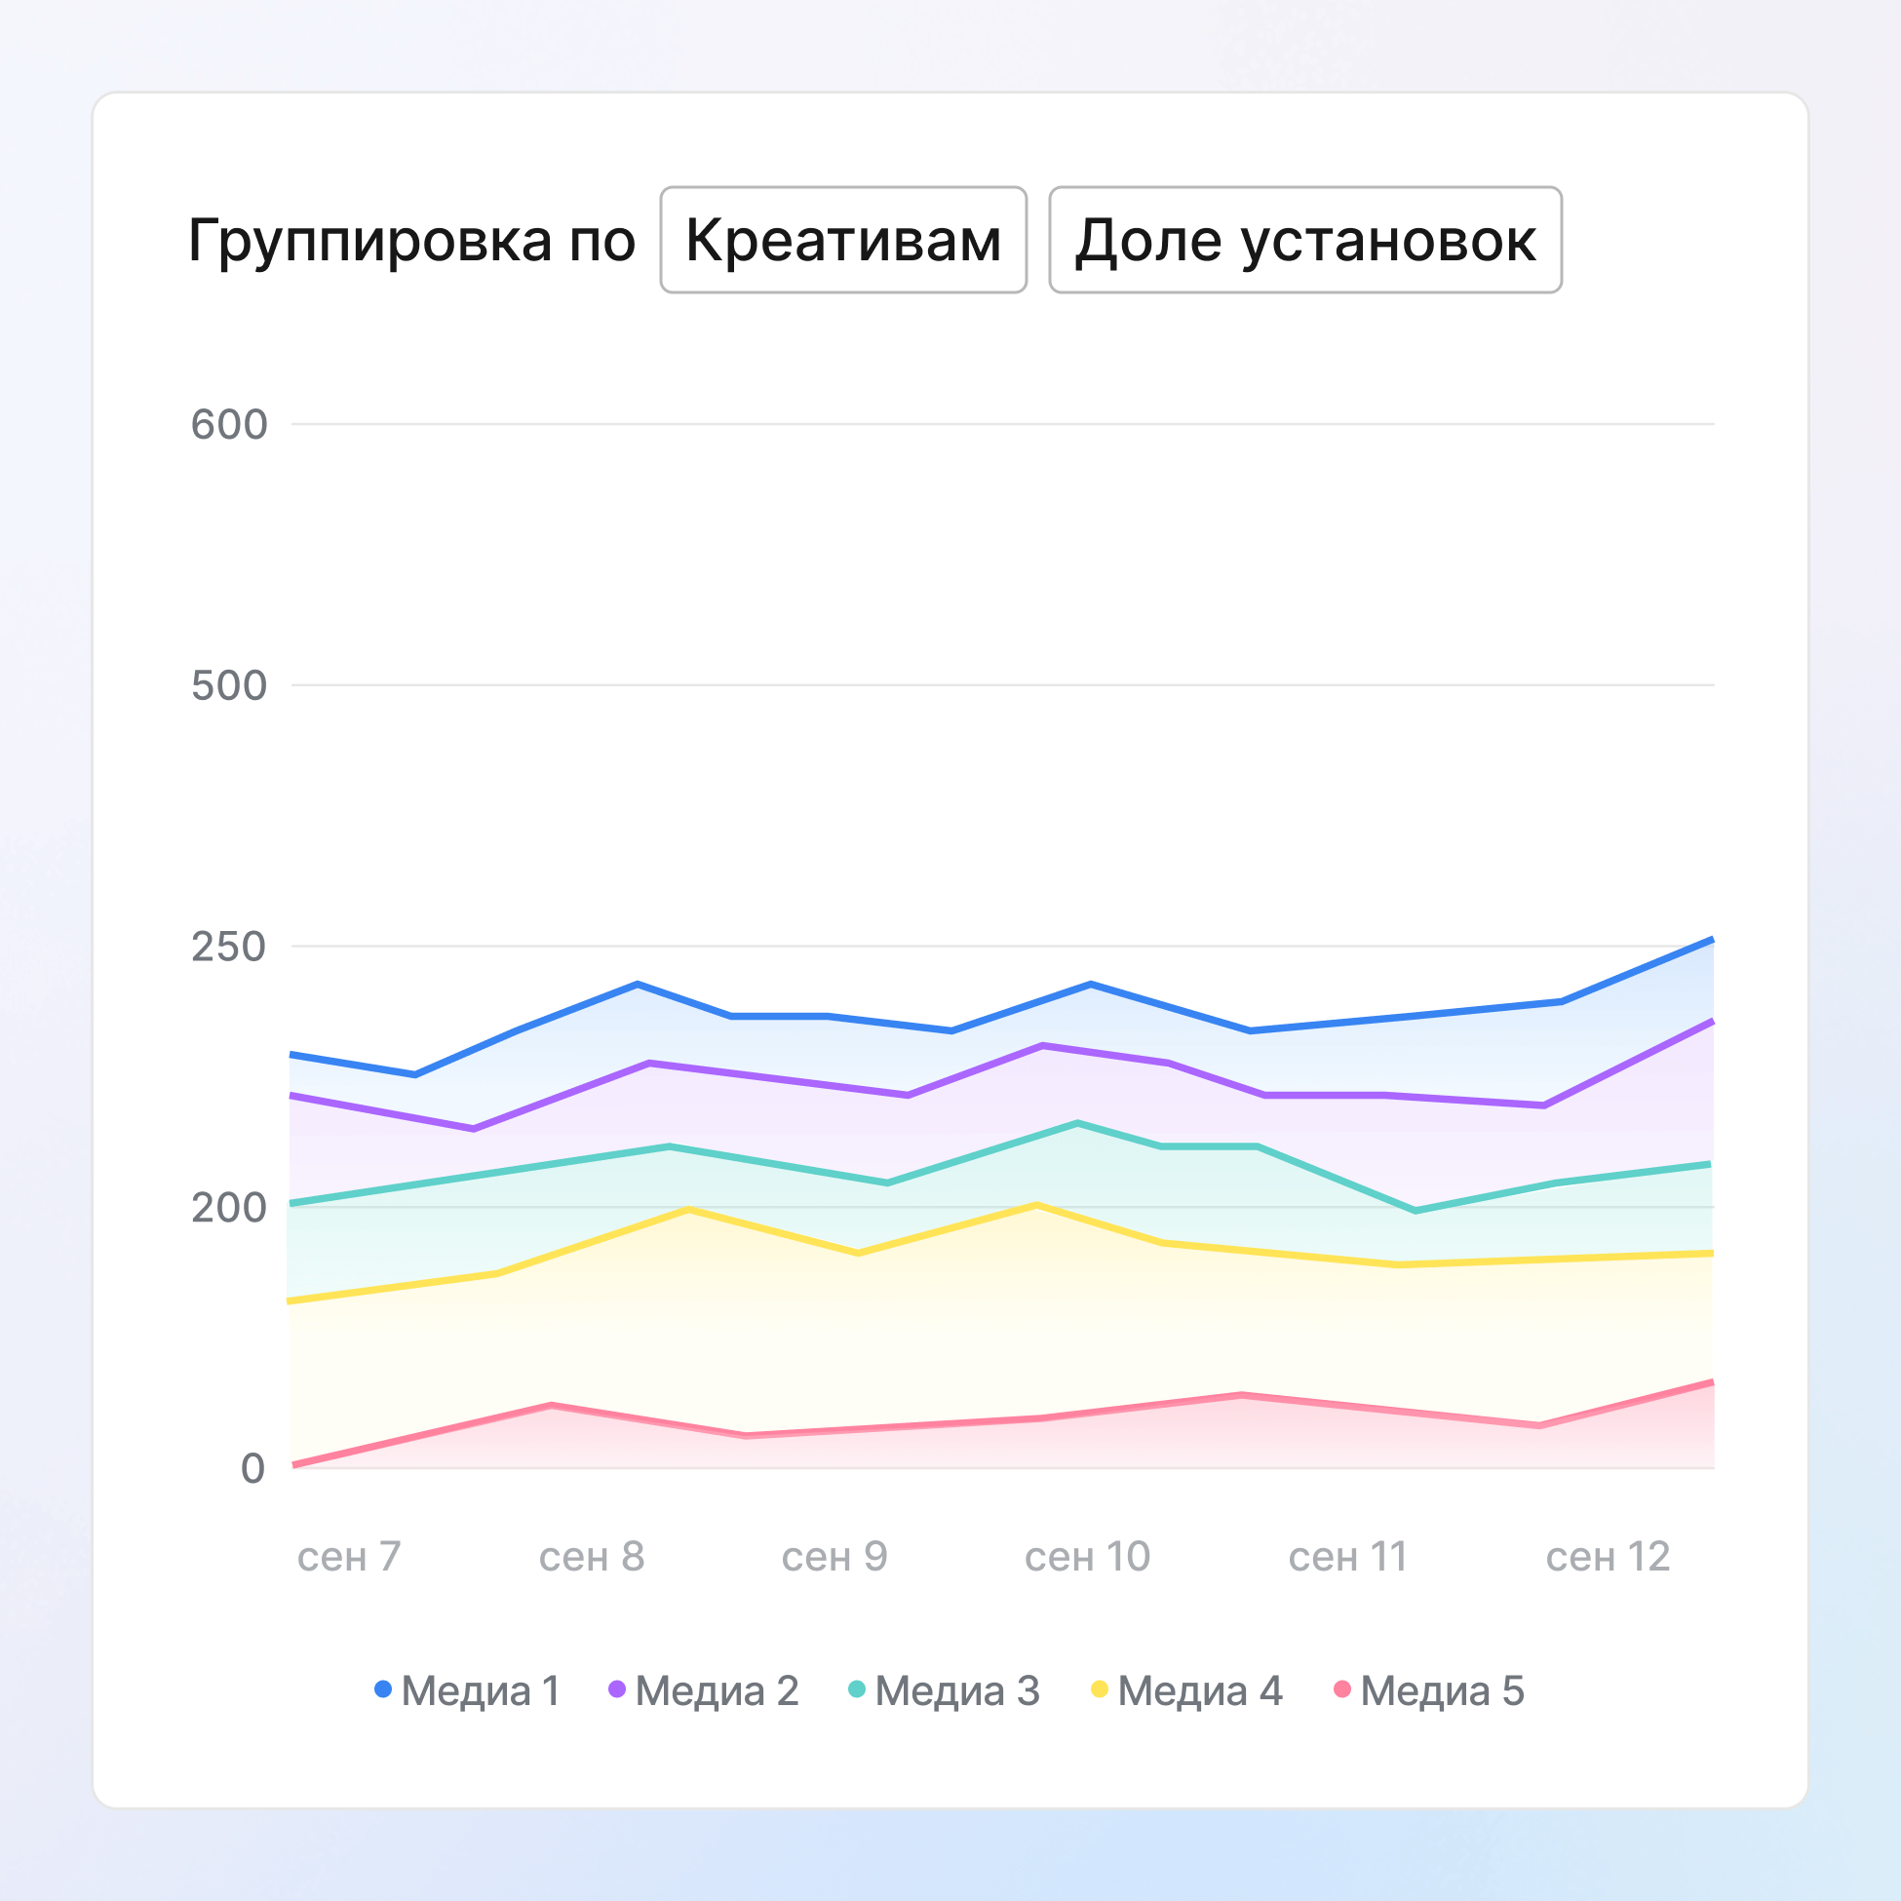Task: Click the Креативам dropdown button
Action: (843, 240)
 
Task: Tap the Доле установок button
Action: (1304, 240)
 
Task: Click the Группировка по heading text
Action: (411, 240)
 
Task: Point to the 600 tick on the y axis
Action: (229, 425)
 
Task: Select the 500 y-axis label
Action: (229, 685)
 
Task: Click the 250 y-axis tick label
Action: (229, 947)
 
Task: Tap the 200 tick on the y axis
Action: (229, 1207)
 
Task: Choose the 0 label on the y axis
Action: (252, 1468)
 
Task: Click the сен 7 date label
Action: (349, 1557)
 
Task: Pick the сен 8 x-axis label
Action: (592, 1557)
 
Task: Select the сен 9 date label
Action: (834, 1557)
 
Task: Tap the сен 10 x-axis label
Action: (1087, 1557)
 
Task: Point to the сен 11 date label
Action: (1348, 1557)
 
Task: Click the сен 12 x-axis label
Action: (1608, 1557)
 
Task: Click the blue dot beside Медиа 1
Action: (383, 1689)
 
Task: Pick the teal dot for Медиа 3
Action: (857, 1689)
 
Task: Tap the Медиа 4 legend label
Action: (1199, 1690)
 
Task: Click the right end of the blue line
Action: (1712, 940)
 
